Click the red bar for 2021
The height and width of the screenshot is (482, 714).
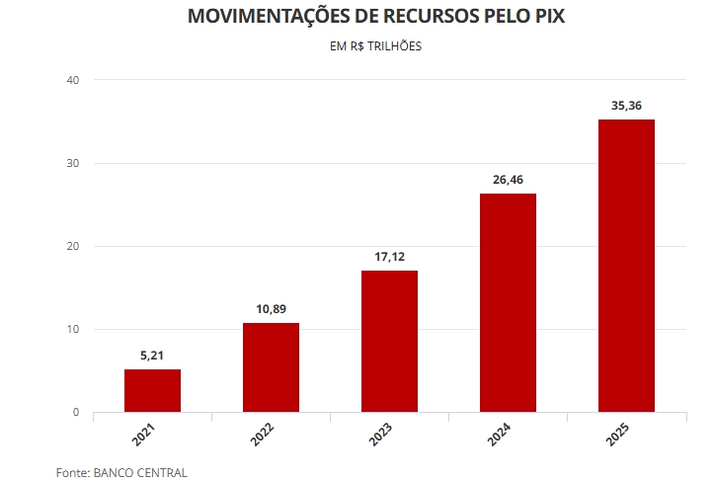click(152, 390)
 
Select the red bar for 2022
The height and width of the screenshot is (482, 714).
click(271, 366)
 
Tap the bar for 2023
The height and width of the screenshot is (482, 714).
click(389, 341)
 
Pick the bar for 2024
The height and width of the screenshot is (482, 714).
click(508, 302)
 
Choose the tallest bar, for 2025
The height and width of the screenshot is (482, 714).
click(626, 265)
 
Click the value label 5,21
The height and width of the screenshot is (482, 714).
click(152, 355)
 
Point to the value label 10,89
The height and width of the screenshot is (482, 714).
click(271, 308)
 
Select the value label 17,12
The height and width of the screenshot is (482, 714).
click(389, 256)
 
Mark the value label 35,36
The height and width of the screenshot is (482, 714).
click(626, 105)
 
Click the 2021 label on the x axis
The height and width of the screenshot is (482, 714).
click(144, 436)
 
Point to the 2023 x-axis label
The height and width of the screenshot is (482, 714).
click(381, 436)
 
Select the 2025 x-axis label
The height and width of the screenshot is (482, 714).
click(618, 436)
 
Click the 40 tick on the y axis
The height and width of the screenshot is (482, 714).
click(72, 80)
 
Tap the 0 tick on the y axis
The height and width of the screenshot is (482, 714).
click(75, 412)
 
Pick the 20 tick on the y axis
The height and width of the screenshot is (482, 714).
click(72, 246)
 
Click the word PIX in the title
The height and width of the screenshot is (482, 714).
click(548, 17)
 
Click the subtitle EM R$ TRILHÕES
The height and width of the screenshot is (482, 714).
click(375, 45)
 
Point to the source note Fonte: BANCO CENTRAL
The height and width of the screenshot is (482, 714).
click(121, 472)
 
